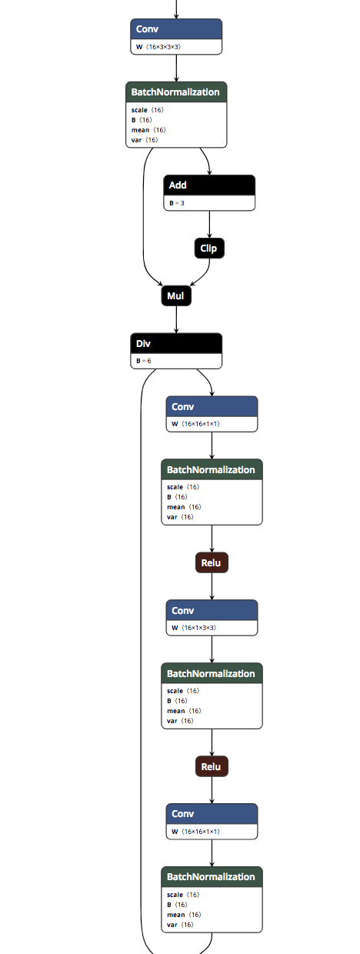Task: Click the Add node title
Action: (x=178, y=185)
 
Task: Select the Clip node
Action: (x=209, y=249)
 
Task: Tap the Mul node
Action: (x=176, y=296)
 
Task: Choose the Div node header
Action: (x=176, y=343)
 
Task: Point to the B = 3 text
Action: (x=177, y=203)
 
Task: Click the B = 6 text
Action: (x=144, y=361)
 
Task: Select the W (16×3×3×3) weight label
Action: (x=158, y=47)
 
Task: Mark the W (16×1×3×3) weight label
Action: (x=194, y=628)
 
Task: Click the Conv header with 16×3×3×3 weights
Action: (x=176, y=29)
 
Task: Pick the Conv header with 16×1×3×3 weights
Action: (x=212, y=610)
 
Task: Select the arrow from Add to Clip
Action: (x=209, y=225)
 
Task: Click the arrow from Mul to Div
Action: (x=176, y=319)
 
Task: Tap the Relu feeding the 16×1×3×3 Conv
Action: (x=212, y=562)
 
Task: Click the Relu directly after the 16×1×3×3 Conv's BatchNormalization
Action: (x=212, y=766)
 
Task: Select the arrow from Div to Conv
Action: (x=208, y=380)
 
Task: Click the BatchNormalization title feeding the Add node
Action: (x=175, y=92)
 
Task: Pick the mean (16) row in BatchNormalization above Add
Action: (x=148, y=130)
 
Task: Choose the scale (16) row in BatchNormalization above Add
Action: (x=148, y=110)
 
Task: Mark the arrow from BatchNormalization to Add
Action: (x=207, y=160)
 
